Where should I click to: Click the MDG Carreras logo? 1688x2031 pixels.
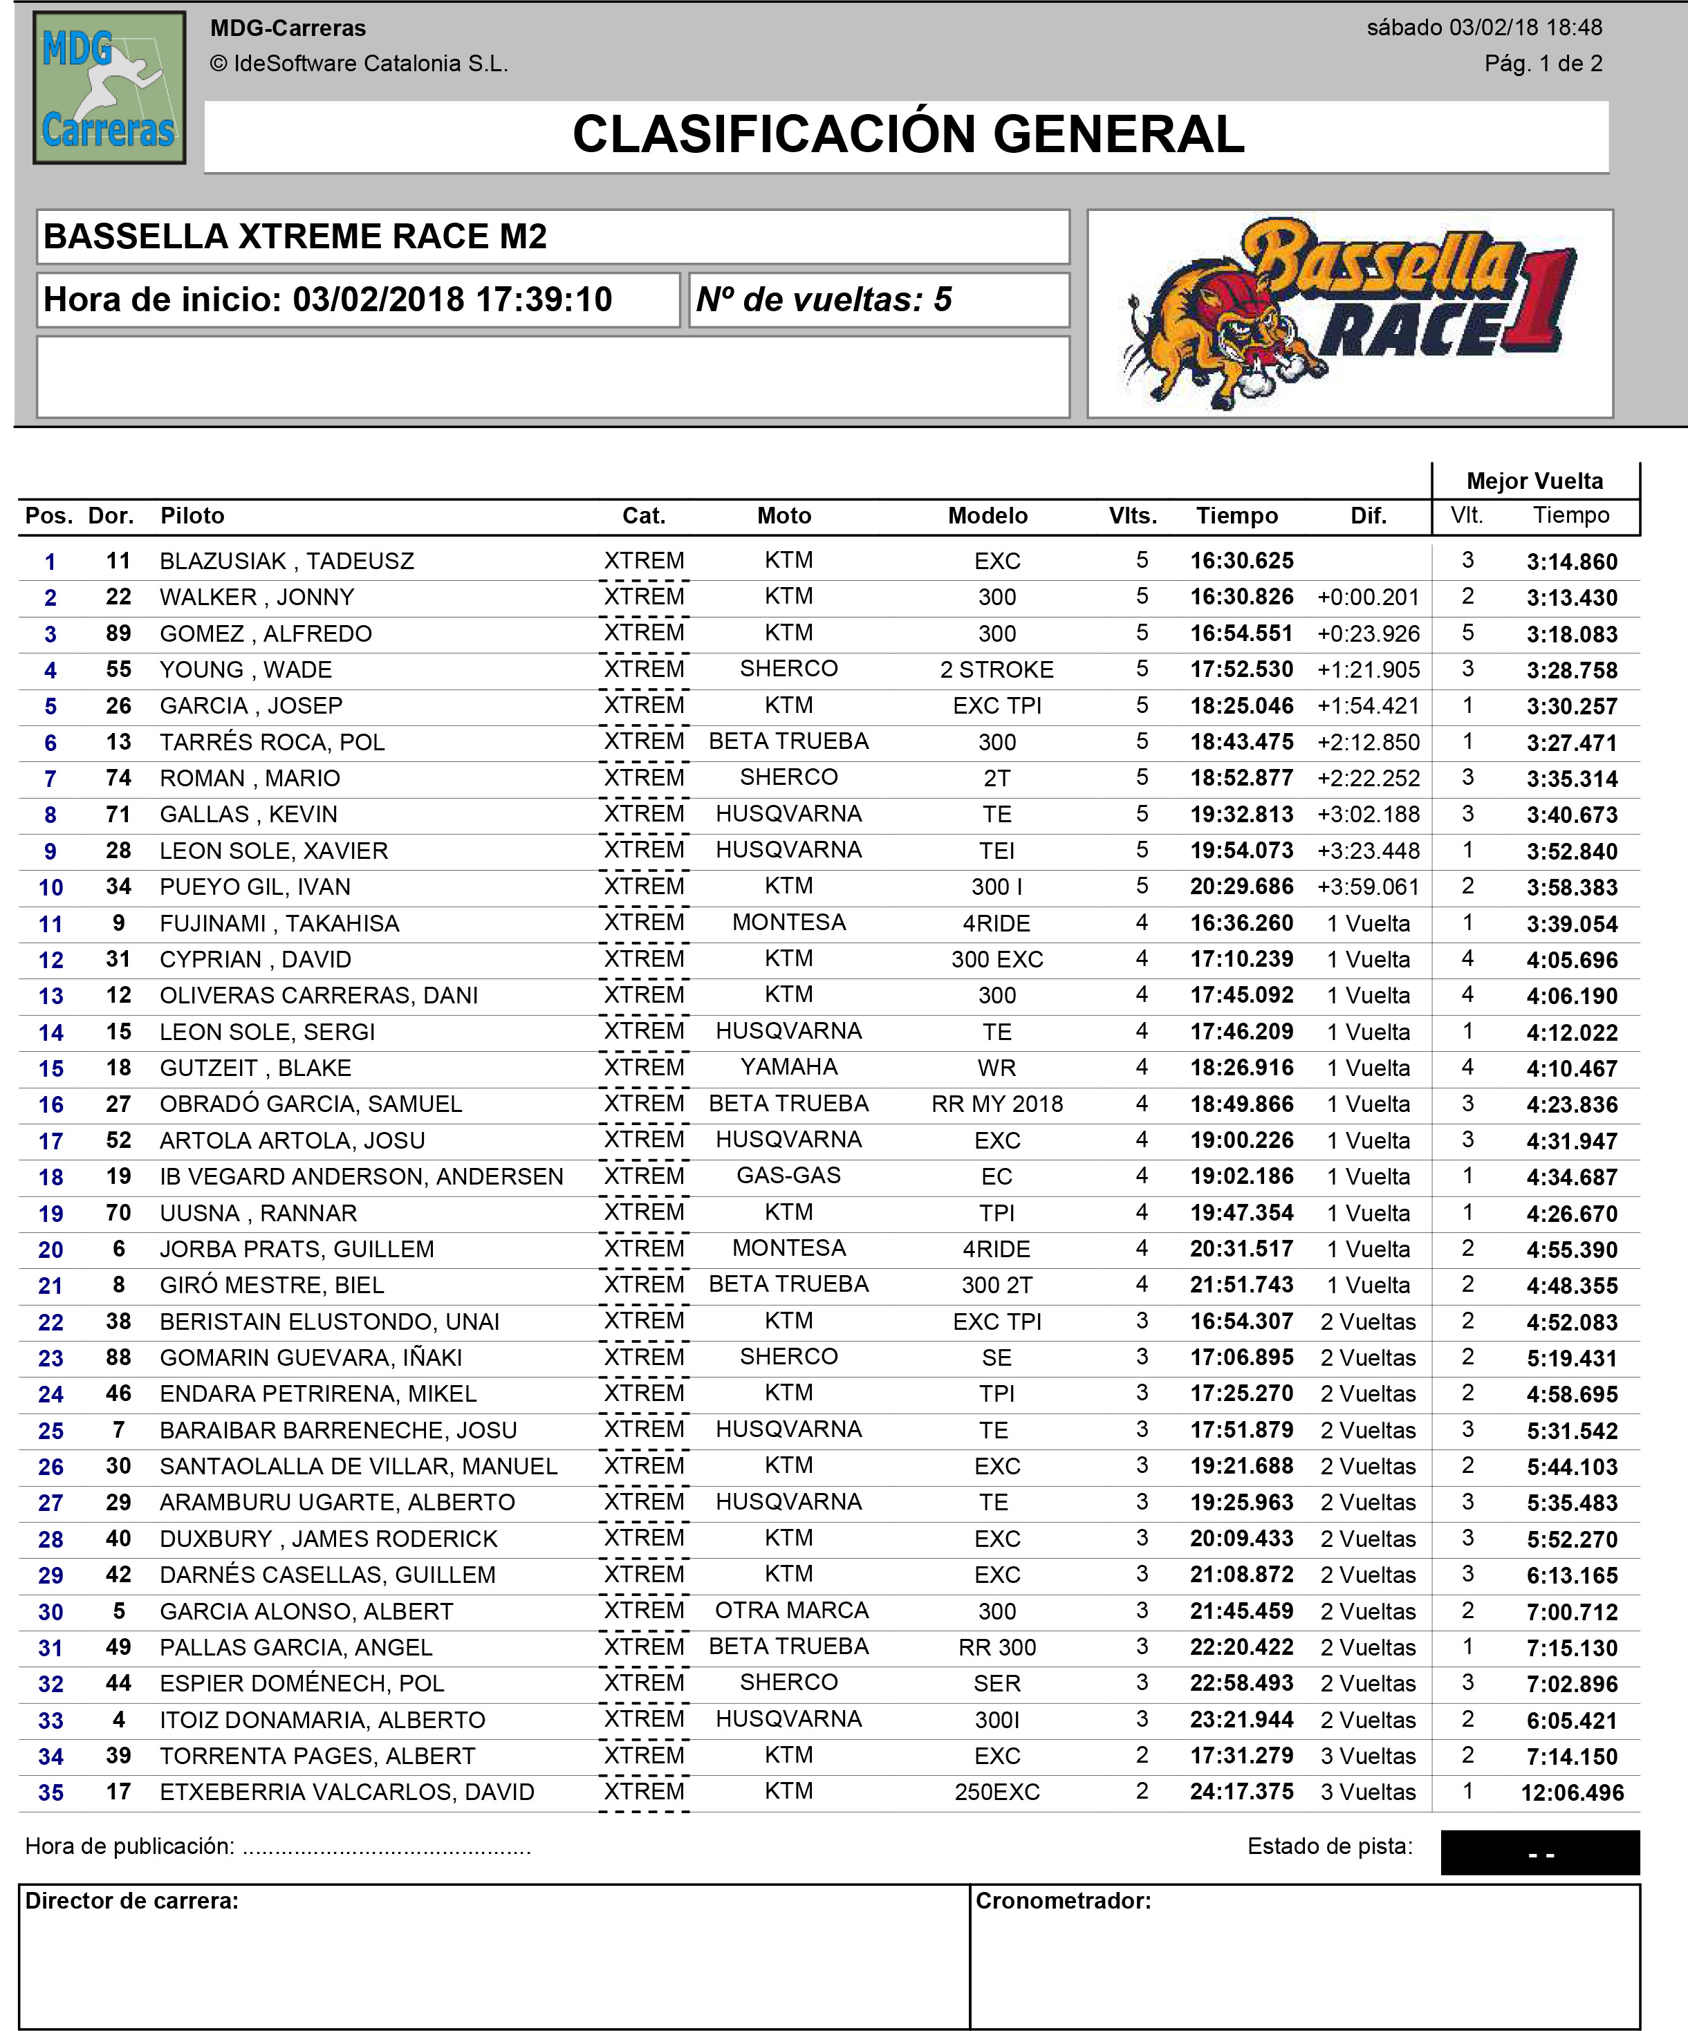[x=109, y=87]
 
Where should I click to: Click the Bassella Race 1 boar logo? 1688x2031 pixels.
[x=1348, y=313]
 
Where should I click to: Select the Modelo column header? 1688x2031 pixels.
[x=987, y=515]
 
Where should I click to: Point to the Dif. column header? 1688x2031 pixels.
[x=1368, y=515]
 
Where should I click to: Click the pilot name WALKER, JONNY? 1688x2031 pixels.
[x=257, y=597]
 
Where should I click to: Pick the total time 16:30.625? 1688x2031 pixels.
[x=1241, y=561]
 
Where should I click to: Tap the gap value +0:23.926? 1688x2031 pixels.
[x=1368, y=634]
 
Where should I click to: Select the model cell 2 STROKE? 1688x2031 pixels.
[x=996, y=670]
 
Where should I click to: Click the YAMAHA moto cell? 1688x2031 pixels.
[x=788, y=1067]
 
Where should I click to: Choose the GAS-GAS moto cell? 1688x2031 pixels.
[x=788, y=1176]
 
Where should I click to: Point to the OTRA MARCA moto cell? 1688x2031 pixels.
[x=791, y=1611]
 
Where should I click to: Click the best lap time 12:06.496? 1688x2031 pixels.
[x=1572, y=1792]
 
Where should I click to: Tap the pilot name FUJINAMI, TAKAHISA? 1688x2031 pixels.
[x=279, y=924]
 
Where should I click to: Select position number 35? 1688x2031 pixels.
[x=50, y=1792]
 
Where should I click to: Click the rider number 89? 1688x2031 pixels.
[x=118, y=633]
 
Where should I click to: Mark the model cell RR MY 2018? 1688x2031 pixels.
[x=996, y=1104]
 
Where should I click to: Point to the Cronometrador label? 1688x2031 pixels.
[x=1062, y=1902]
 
